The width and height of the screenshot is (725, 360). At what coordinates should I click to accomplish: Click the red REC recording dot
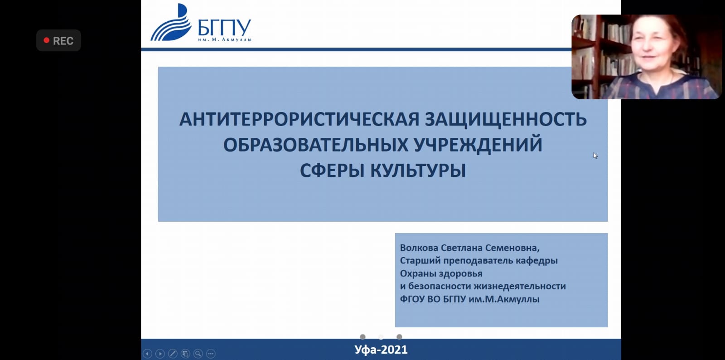[x=47, y=40]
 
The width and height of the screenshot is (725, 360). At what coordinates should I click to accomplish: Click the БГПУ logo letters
[x=224, y=28]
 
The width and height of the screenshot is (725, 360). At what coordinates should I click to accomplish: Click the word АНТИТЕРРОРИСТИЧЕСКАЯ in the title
[x=300, y=119]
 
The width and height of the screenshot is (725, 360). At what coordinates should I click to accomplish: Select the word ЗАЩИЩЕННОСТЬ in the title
[x=506, y=119]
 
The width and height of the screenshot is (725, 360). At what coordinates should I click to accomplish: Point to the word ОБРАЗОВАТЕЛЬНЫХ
[x=316, y=145]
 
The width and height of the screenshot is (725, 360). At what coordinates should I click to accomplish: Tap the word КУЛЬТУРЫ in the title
[x=418, y=170]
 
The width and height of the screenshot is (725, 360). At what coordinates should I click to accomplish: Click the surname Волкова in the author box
[x=419, y=248]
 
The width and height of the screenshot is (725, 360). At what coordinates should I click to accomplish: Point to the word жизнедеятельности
[x=519, y=286]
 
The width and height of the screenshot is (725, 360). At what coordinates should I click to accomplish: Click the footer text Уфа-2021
[x=381, y=350]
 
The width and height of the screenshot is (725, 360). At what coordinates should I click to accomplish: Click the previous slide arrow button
[x=147, y=354]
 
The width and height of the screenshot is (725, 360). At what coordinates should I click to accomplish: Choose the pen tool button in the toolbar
[x=173, y=354]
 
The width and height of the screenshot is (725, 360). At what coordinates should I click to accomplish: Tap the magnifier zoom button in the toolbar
[x=198, y=354]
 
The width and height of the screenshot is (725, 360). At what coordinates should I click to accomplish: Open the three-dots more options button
[x=211, y=354]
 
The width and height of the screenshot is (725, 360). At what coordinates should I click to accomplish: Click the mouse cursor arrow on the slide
[x=595, y=156]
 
